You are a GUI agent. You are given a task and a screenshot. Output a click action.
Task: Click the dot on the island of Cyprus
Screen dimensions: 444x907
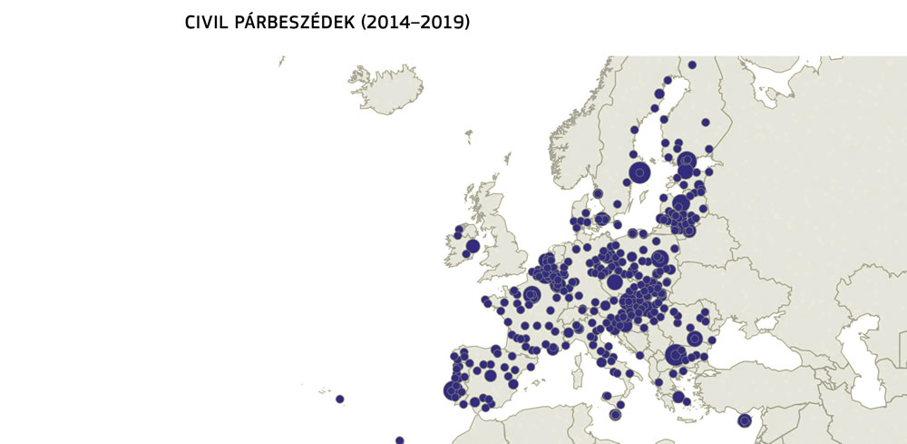(x=745, y=420)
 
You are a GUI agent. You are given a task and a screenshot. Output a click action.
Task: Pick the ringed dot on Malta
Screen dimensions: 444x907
(x=616, y=415)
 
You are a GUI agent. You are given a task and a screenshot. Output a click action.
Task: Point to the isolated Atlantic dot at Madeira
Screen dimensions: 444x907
(x=340, y=399)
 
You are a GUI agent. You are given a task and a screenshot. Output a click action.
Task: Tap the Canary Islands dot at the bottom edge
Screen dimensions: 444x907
(x=399, y=440)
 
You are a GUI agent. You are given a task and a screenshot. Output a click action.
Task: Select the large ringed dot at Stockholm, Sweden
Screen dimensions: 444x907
(x=640, y=172)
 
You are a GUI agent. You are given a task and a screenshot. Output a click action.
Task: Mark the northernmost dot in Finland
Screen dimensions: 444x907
(x=692, y=64)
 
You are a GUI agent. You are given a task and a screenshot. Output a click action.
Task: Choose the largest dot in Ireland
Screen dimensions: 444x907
(x=473, y=246)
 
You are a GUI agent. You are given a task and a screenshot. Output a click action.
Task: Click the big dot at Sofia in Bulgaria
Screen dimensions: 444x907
(x=675, y=355)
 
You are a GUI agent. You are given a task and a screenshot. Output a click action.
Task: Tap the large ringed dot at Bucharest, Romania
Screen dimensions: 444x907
(x=695, y=338)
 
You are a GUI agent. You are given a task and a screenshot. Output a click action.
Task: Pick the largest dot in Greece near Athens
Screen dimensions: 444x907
(x=678, y=397)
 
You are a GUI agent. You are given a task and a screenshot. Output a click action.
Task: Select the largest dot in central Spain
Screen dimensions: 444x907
(x=491, y=375)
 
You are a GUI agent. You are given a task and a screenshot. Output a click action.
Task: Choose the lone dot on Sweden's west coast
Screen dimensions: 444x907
(x=597, y=193)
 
